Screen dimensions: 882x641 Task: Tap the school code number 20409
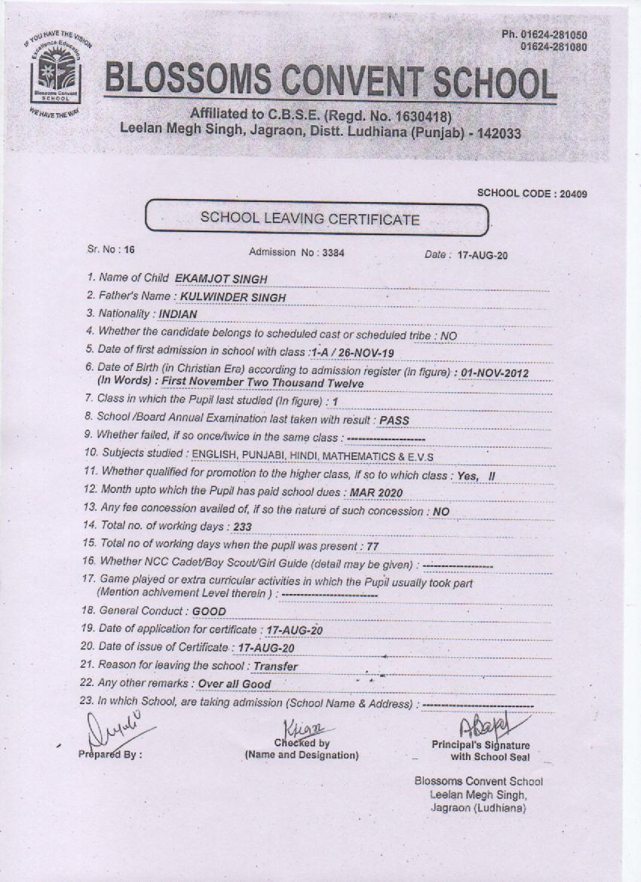coord(572,194)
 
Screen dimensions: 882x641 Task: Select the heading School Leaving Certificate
coord(308,219)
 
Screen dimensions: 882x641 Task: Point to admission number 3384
coord(333,253)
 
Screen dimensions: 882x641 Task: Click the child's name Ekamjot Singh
coord(220,279)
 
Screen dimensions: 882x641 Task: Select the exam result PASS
coord(395,420)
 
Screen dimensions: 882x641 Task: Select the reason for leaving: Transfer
coord(275,666)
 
